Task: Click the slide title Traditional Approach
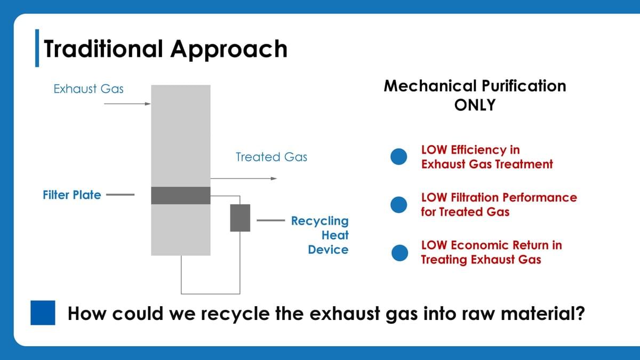[x=165, y=49]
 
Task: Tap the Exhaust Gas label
[x=89, y=89]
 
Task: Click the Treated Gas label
[x=271, y=157]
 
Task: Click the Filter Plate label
[x=71, y=195]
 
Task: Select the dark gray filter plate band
[x=181, y=196]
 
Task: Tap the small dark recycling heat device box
[x=240, y=218]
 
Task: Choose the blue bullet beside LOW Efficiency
[x=399, y=157]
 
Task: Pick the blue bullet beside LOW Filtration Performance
[x=399, y=205]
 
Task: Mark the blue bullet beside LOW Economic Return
[x=399, y=253]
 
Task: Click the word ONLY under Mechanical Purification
[x=475, y=105]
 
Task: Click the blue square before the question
[x=43, y=313]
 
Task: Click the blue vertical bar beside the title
[x=37, y=47]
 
